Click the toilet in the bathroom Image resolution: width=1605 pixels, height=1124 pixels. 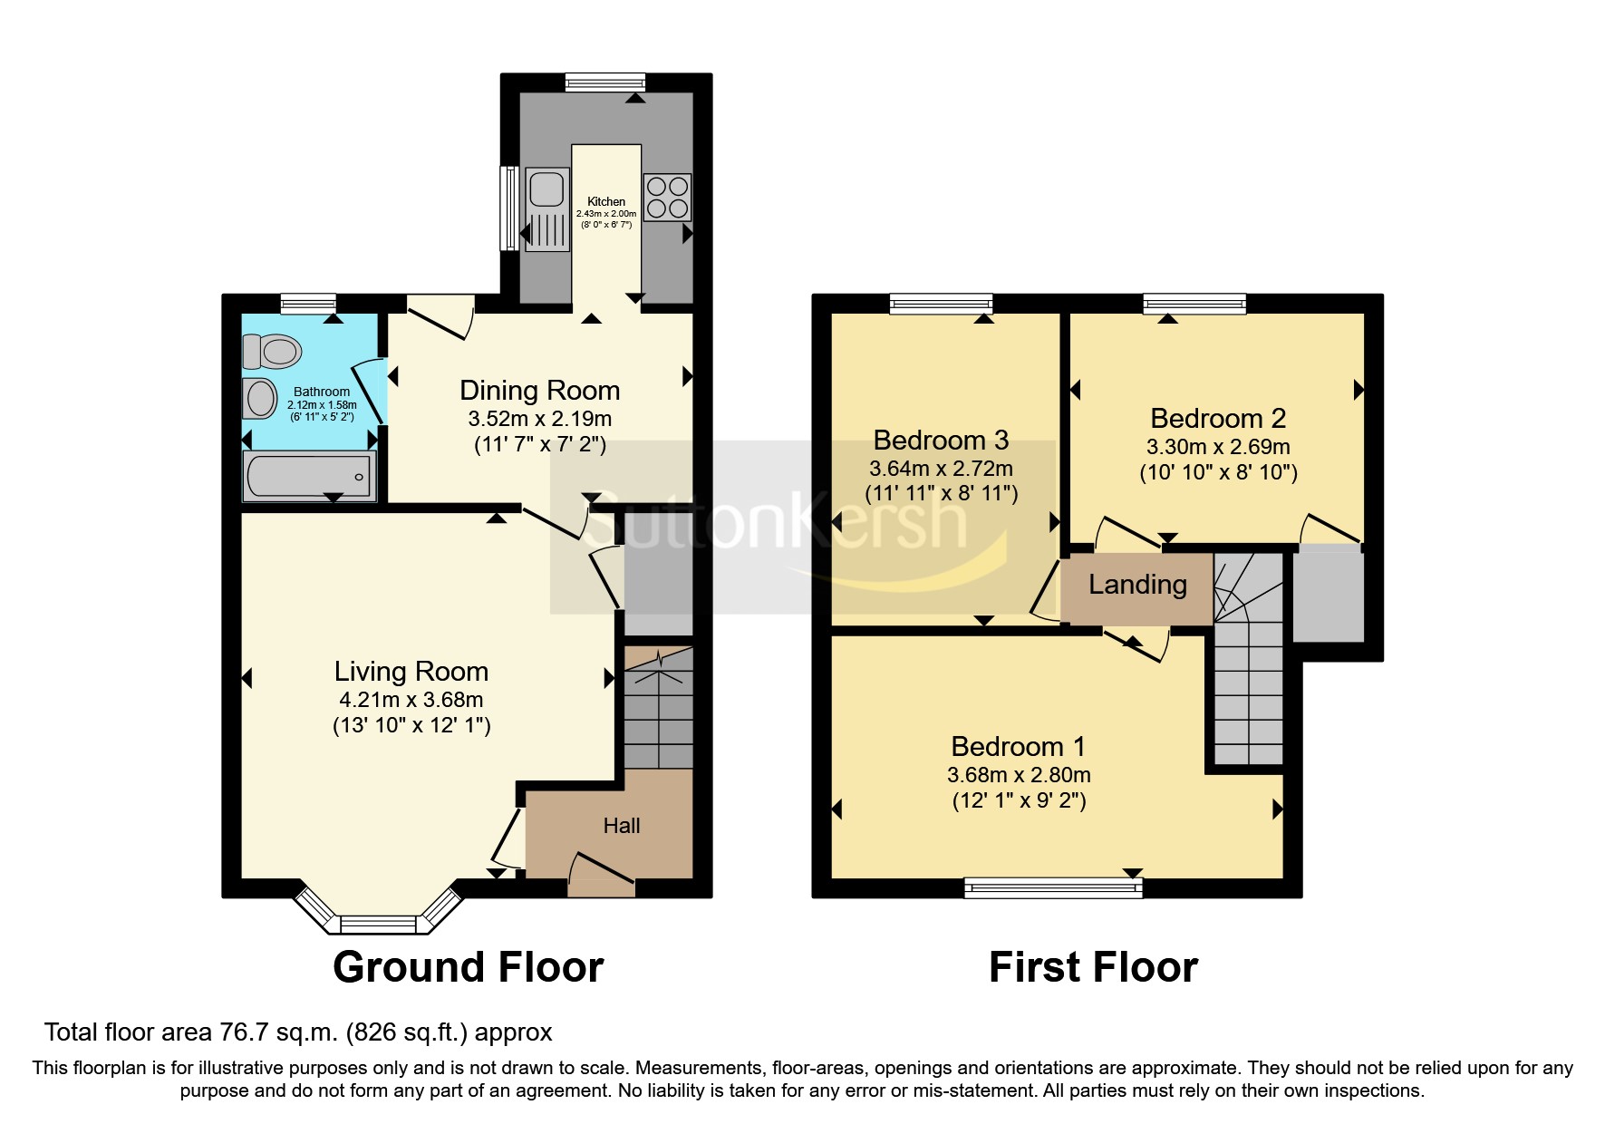[273, 351]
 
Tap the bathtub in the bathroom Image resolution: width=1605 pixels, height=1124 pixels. [309, 477]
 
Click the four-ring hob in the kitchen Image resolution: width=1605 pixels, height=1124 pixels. [667, 198]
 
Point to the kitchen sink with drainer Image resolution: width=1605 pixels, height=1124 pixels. [546, 209]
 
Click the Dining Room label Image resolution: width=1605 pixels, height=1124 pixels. [539, 391]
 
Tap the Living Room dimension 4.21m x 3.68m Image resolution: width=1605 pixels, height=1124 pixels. [411, 700]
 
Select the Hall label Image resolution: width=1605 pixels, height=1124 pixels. [622, 826]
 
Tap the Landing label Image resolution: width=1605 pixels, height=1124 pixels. [1137, 586]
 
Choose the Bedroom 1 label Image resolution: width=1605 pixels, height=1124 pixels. [1018, 747]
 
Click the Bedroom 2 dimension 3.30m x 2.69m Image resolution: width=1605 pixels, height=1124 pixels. [1218, 447]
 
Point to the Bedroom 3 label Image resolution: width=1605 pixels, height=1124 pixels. [941, 441]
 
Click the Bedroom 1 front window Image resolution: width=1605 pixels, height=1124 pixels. [1053, 888]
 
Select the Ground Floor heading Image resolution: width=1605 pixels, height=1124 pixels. [468, 967]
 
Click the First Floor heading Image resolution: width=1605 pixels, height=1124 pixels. [1093, 967]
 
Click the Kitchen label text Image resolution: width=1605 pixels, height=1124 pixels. [606, 201]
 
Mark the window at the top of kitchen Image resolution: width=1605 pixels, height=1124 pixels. [605, 82]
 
